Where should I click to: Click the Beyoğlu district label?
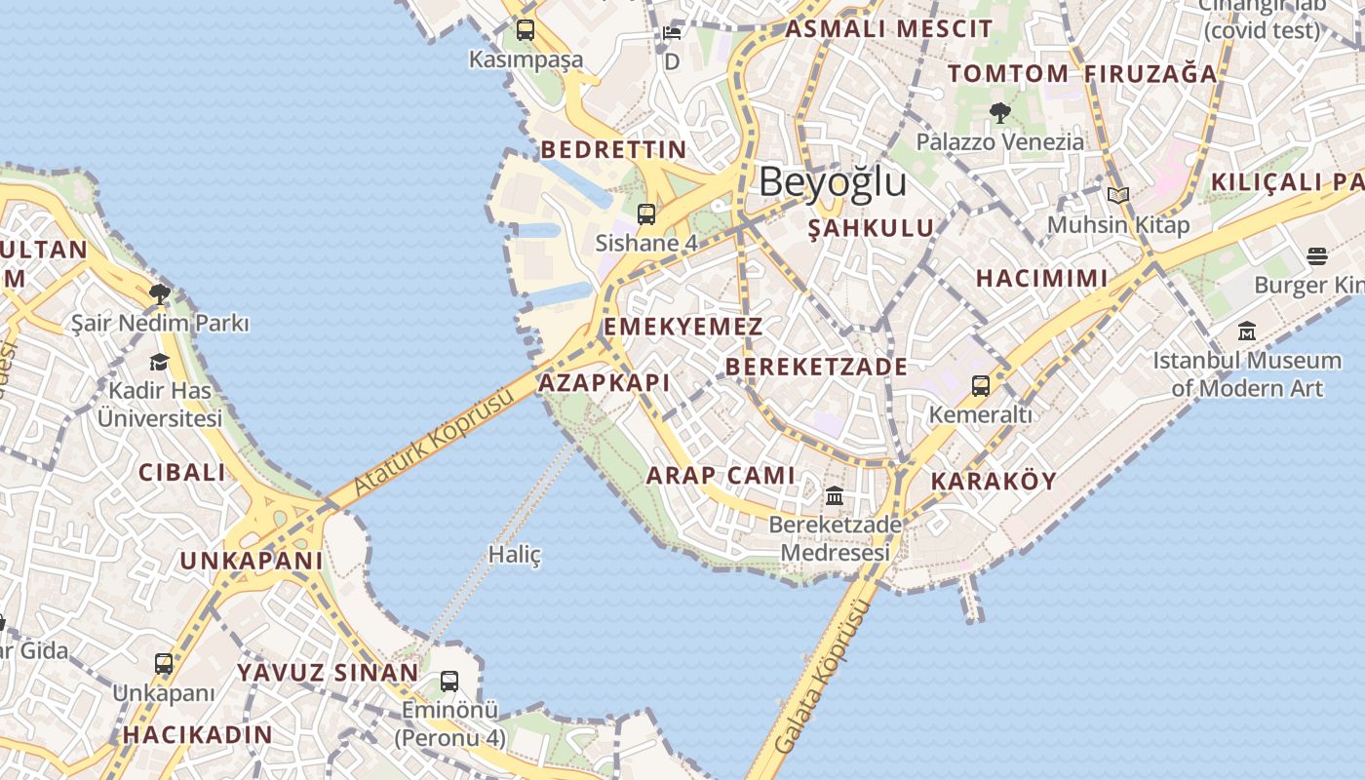tap(833, 182)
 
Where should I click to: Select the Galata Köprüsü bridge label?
tap(821, 677)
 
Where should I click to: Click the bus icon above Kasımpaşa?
tap(526, 30)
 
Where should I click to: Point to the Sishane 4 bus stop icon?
tap(645, 214)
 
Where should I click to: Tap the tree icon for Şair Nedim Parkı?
tap(160, 293)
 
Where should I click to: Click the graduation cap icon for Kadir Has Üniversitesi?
tap(159, 363)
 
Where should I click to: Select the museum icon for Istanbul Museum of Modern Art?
tap(1246, 331)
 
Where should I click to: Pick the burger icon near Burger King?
tap(1317, 256)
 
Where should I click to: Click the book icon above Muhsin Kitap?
tap(1117, 196)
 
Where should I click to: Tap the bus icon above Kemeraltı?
tap(980, 386)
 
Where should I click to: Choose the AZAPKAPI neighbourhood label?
tap(604, 382)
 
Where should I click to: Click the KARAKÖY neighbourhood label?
tap(994, 481)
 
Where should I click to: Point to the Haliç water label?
tap(514, 555)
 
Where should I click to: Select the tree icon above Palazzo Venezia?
tap(999, 113)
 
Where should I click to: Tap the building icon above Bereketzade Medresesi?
tap(835, 496)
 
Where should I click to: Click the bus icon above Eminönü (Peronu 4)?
tap(449, 682)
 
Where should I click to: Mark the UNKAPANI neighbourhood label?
tap(251, 561)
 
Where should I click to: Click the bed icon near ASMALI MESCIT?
tap(672, 33)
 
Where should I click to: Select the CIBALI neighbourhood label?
tap(181, 473)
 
